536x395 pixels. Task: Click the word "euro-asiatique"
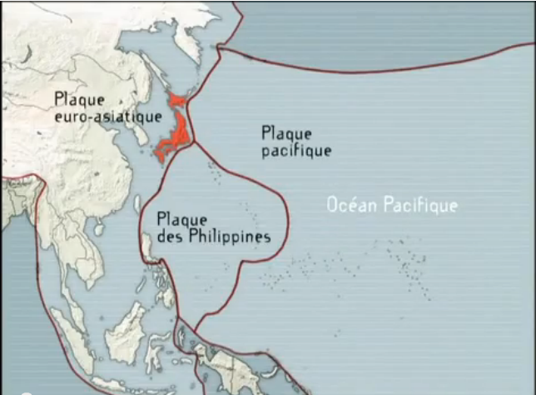click(107, 117)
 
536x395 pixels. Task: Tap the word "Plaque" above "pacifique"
click(285, 133)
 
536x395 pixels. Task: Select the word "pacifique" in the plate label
click(295, 151)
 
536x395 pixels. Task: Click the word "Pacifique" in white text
click(421, 205)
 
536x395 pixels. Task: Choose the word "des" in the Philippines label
click(169, 237)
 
